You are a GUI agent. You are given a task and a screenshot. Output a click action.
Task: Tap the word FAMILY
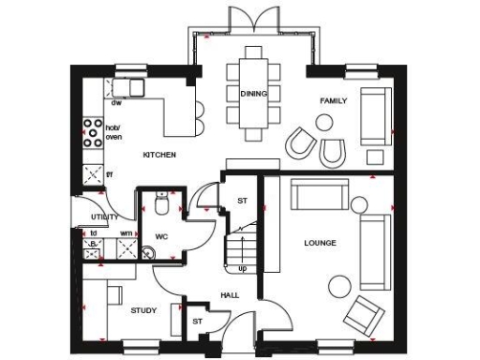pos(334,99)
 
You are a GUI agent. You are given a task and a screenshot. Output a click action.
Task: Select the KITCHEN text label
pos(157,154)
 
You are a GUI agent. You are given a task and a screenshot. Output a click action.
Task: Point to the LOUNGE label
pos(320,243)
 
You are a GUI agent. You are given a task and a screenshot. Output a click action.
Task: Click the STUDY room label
pos(143,310)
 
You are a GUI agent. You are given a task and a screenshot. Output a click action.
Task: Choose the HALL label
pos(230,294)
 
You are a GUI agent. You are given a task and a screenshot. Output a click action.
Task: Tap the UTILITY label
pos(104,217)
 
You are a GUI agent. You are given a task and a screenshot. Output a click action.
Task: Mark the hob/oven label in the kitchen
pos(113,132)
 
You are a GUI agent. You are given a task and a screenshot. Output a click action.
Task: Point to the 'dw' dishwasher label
pos(117,102)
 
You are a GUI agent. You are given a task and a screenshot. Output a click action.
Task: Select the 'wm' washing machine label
pos(126,232)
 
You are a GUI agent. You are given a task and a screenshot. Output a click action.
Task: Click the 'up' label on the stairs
pos(242,269)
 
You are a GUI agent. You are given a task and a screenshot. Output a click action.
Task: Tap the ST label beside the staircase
pos(242,200)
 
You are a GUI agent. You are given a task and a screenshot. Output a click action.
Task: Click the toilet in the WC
pos(161,203)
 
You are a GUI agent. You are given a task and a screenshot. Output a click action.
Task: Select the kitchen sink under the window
pos(128,87)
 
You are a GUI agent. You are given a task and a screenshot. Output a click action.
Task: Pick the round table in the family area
pos(325,121)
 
